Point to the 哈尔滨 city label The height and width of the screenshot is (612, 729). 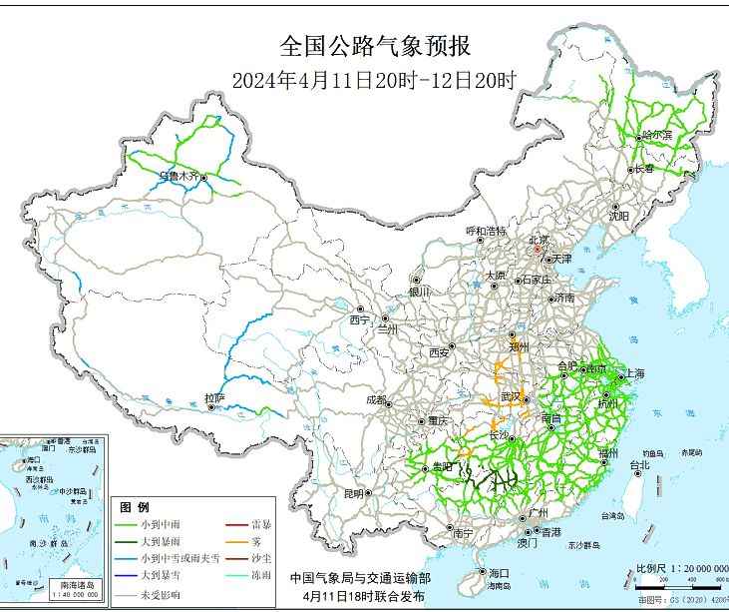tap(656, 135)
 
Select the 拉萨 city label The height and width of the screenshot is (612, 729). tap(214, 398)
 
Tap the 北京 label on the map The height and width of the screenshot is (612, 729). tap(539, 240)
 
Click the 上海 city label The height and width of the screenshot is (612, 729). tap(632, 373)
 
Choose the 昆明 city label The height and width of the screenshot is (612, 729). tap(354, 493)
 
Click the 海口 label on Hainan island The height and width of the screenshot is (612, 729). tap(499, 573)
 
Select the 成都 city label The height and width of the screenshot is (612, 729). tap(377, 399)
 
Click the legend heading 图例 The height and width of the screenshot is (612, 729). tap(134, 507)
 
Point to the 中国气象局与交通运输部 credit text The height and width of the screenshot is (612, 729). tap(360, 578)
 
